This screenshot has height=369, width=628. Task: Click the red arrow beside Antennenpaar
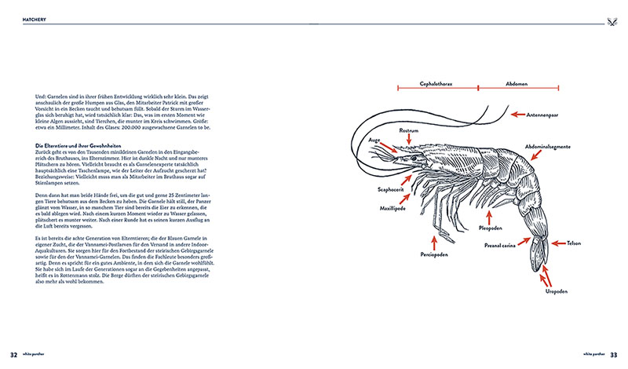[519, 115]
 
